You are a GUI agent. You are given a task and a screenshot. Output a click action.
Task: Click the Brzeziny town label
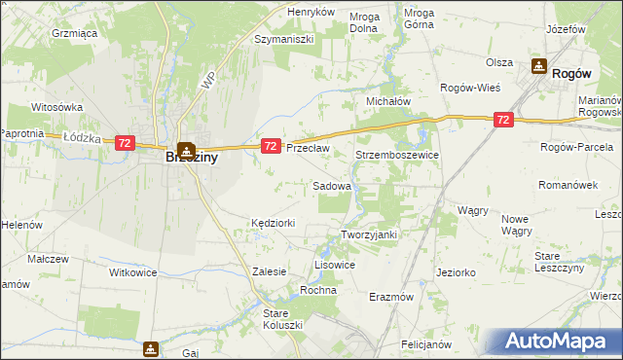pos(191,155)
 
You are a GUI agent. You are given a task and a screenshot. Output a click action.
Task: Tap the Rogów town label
pos(572,72)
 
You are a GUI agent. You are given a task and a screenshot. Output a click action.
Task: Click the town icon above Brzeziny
pos(185,147)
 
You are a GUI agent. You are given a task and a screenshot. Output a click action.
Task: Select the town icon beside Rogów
pos(538,66)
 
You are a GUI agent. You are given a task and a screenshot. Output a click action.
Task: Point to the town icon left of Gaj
pos(151,347)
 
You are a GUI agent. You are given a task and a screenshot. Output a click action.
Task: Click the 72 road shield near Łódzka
pos(124,143)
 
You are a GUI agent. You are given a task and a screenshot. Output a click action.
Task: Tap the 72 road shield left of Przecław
pos(272,146)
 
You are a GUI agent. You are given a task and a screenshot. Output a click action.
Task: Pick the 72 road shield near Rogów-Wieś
pos(502,120)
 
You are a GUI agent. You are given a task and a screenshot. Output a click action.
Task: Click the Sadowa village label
pos(331,185)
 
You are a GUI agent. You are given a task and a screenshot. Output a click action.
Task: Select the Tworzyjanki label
pos(370,234)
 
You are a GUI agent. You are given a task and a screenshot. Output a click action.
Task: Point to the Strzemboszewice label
pos(398,155)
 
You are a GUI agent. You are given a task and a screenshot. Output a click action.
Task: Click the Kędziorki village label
pos(273,223)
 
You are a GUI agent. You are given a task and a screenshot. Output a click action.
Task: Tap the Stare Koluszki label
pos(283,318)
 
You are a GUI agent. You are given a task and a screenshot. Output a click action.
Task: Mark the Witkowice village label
pos(133,273)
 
